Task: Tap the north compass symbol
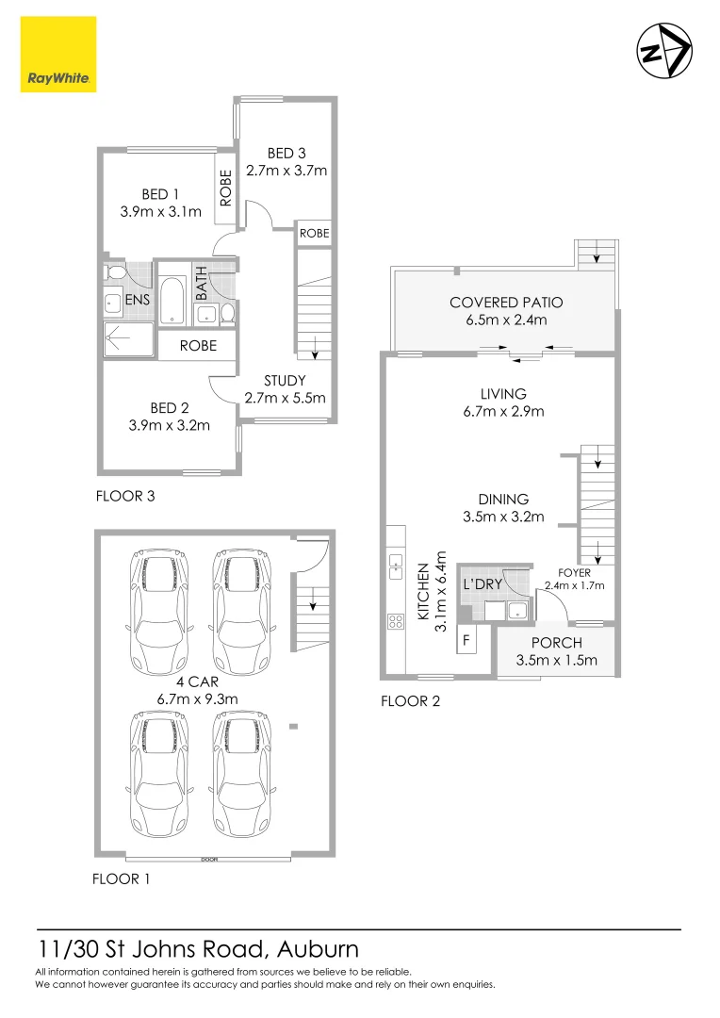663,51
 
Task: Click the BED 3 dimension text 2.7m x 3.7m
286,171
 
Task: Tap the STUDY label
285,381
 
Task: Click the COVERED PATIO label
506,303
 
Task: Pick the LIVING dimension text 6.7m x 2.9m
502,411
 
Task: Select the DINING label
502,500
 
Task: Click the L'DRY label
482,584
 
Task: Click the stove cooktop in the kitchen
394,622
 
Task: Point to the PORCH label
556,643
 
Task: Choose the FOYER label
574,572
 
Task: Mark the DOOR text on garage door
208,859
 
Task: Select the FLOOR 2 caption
410,701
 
